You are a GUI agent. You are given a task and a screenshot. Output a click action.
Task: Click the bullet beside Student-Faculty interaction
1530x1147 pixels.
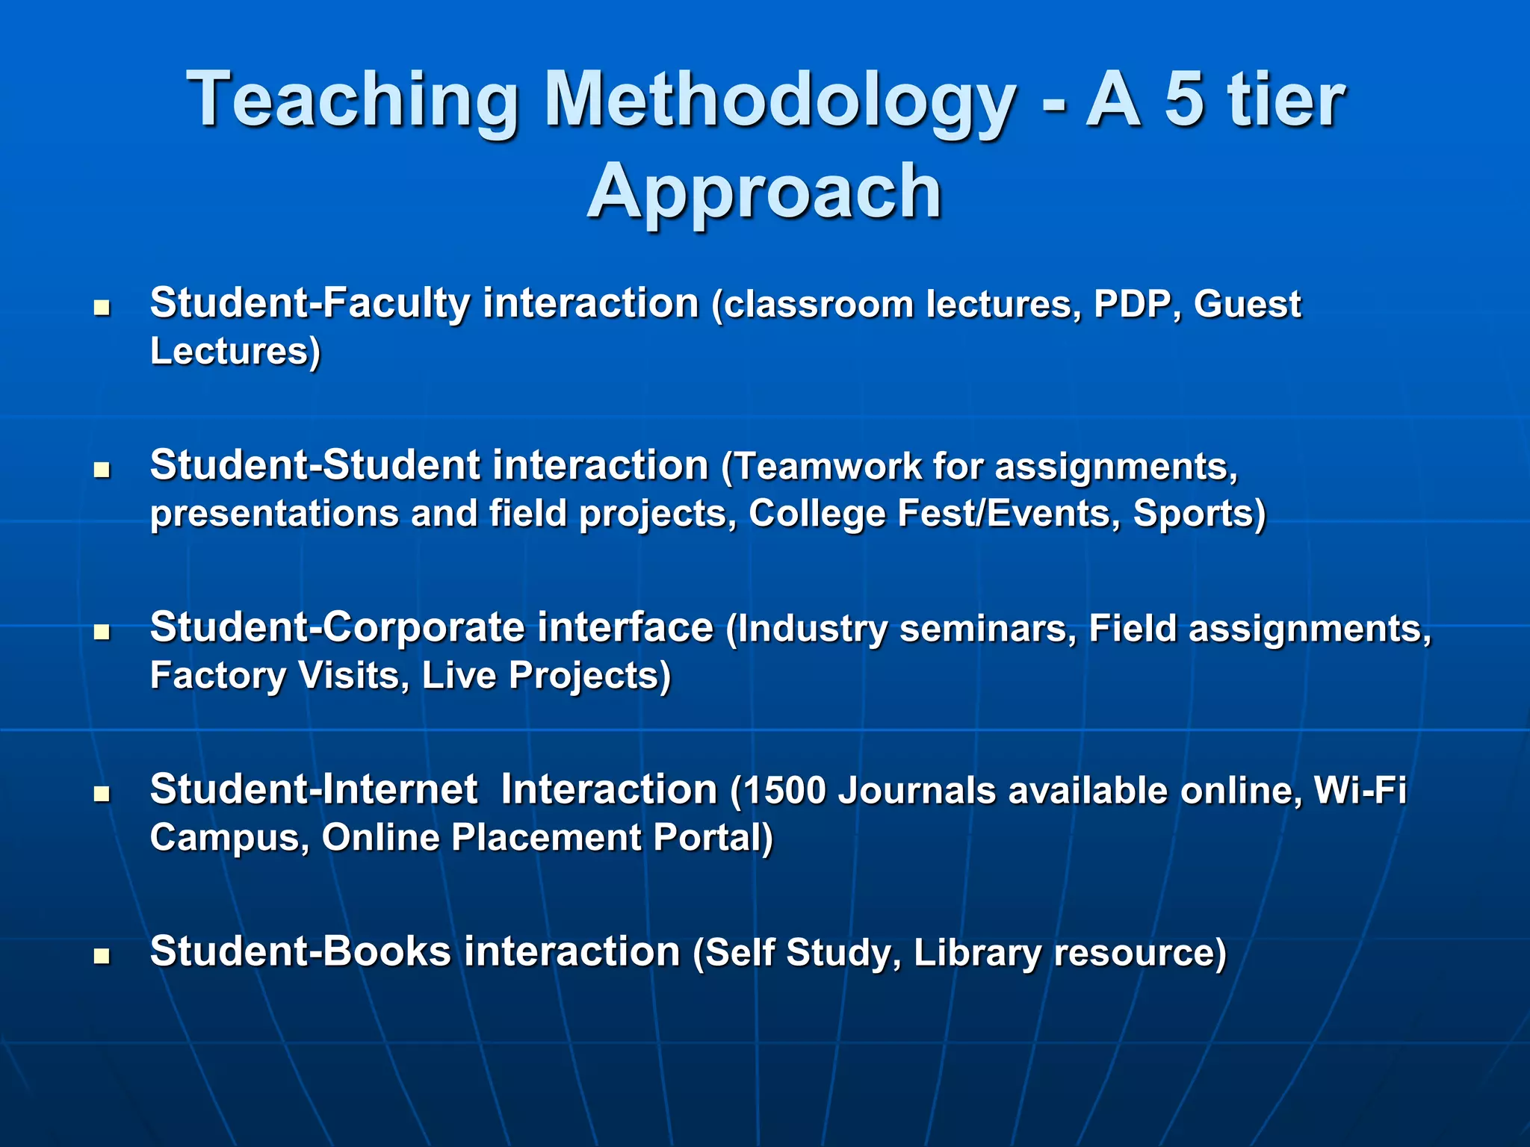click(x=102, y=307)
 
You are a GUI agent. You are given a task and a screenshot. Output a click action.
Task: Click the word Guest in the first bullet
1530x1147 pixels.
click(x=1247, y=305)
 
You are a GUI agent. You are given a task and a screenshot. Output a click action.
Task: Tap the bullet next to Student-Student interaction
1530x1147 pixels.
click(x=102, y=469)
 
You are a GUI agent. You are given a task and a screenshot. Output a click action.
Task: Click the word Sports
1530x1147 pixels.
click(x=1195, y=514)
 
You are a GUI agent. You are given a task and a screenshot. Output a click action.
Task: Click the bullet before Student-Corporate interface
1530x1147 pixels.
click(x=102, y=632)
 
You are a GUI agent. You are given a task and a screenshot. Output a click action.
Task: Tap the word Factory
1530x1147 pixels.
click(x=217, y=676)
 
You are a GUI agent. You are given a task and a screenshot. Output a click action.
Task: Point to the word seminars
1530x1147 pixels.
click(x=988, y=629)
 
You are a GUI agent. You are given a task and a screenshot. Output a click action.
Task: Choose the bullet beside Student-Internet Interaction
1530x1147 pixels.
click(x=102, y=794)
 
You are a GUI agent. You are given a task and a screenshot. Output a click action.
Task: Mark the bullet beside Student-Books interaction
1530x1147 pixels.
click(x=102, y=956)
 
